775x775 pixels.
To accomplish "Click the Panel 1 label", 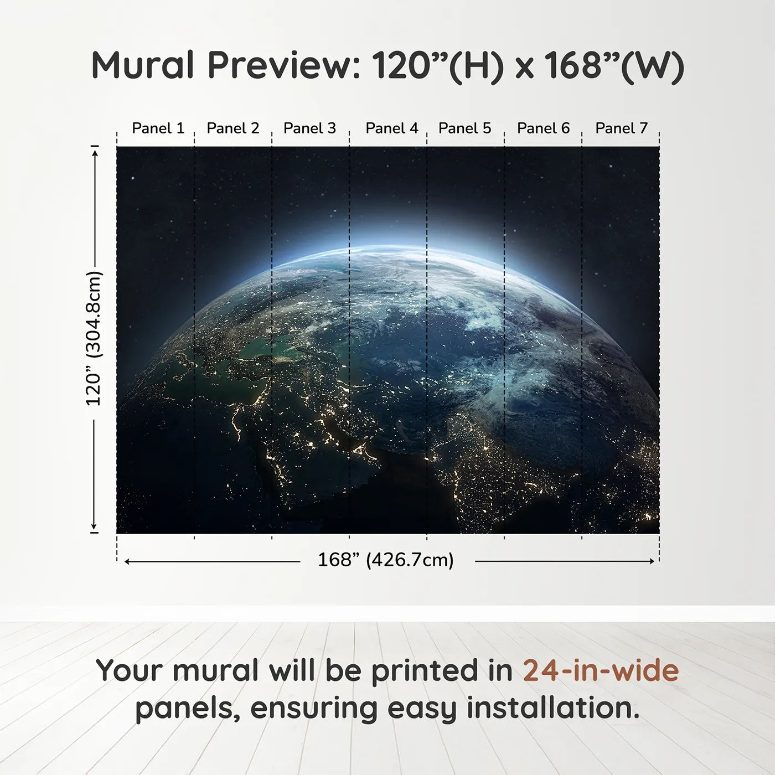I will [158, 128].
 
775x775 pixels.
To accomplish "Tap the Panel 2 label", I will [232, 128].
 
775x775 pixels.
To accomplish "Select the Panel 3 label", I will [309, 128].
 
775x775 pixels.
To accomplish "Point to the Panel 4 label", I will [391, 128].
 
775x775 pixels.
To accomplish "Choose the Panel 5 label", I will [464, 128].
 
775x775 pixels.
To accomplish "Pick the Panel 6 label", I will [543, 128].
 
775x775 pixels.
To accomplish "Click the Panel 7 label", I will [621, 128].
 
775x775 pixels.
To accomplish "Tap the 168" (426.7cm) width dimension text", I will [385, 560].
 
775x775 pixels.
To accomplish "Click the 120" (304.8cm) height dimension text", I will [94, 338].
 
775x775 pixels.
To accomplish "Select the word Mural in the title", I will [142, 65].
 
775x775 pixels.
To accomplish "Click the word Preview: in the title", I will [283, 65].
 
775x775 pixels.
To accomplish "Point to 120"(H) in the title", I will [437, 65].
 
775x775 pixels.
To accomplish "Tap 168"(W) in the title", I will [614, 65].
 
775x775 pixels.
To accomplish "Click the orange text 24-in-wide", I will [601, 671].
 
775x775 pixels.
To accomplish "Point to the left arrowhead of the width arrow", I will [127, 561].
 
